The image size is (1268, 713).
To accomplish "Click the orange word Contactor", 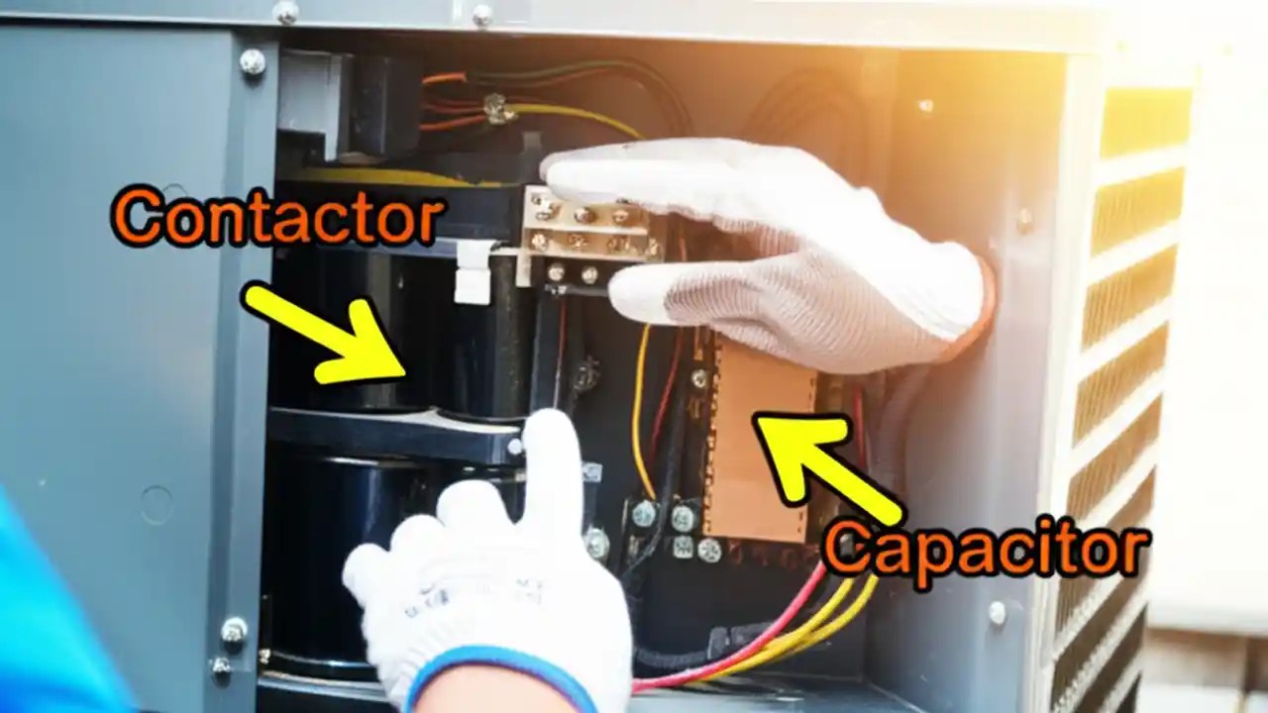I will point(276,219).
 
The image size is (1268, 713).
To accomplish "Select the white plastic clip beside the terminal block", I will point(474,273).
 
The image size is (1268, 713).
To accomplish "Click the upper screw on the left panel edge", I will point(253,62).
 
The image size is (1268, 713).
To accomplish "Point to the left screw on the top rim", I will point(285,12).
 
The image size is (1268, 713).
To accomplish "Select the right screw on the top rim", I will point(481,14).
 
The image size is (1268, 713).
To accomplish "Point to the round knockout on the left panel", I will point(156,504).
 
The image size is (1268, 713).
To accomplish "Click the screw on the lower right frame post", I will point(998,613).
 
